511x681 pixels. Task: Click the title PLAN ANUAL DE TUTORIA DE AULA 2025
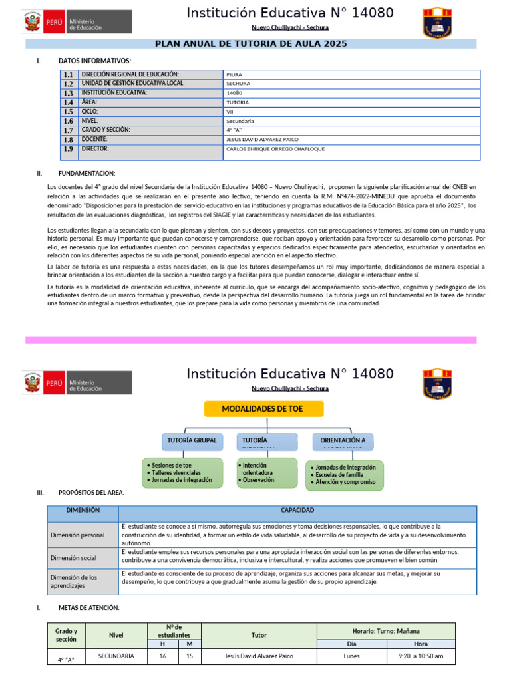click(x=252, y=43)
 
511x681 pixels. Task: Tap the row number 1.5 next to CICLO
click(x=69, y=112)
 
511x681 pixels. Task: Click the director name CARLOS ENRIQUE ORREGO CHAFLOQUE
click(x=275, y=150)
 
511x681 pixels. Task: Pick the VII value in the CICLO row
click(x=230, y=112)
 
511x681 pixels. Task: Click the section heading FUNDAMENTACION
click(x=86, y=173)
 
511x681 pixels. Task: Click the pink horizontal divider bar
click(x=251, y=340)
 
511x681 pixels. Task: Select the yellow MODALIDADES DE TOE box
click(x=263, y=408)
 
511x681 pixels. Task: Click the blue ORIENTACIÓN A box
click(x=343, y=440)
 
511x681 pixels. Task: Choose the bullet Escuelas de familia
click(x=339, y=474)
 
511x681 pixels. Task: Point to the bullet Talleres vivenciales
click(x=176, y=472)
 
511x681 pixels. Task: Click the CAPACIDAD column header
click(x=297, y=511)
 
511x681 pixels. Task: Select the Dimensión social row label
click(x=74, y=558)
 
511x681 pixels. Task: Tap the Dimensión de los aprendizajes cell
click(x=74, y=581)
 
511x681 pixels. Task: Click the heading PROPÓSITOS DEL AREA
click(x=91, y=493)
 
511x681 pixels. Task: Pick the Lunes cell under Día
click(x=351, y=656)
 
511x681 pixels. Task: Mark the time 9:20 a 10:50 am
click(x=421, y=656)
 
